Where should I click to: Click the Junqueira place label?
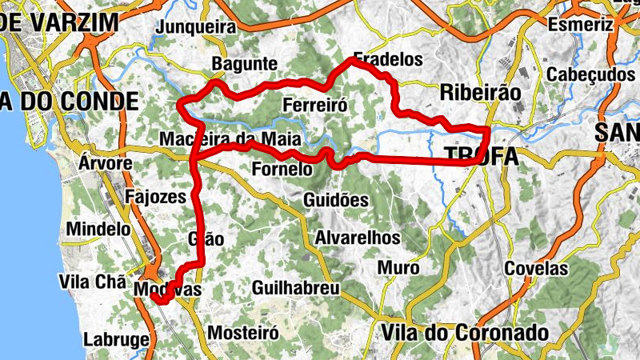coord(198,28)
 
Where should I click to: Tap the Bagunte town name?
coord(244,65)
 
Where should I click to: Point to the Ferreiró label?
coord(314,105)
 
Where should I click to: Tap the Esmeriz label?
coord(581,25)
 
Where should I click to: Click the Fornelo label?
coord(281,170)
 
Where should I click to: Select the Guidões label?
coord(336,200)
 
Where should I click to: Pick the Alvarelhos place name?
coord(358,238)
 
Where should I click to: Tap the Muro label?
coord(398,268)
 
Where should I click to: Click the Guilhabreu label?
coord(295,287)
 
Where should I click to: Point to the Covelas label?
coord(536,269)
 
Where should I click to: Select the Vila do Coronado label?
coord(466,332)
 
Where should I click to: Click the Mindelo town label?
coord(98,229)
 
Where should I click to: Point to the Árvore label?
coord(106,163)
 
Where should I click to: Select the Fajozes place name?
coord(156,196)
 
